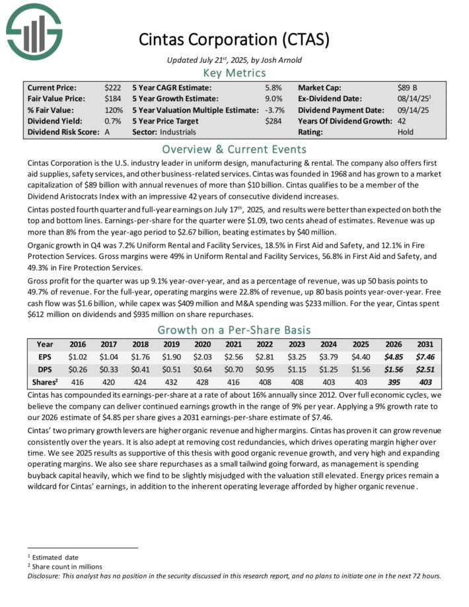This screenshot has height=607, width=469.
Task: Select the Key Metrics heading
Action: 234,73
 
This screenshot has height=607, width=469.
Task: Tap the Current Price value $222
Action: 112,87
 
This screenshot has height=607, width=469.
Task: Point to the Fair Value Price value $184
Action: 112,98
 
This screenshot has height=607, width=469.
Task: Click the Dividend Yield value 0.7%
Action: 112,121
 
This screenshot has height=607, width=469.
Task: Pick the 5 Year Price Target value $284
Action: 273,121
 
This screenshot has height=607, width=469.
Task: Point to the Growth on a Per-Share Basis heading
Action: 234,330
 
